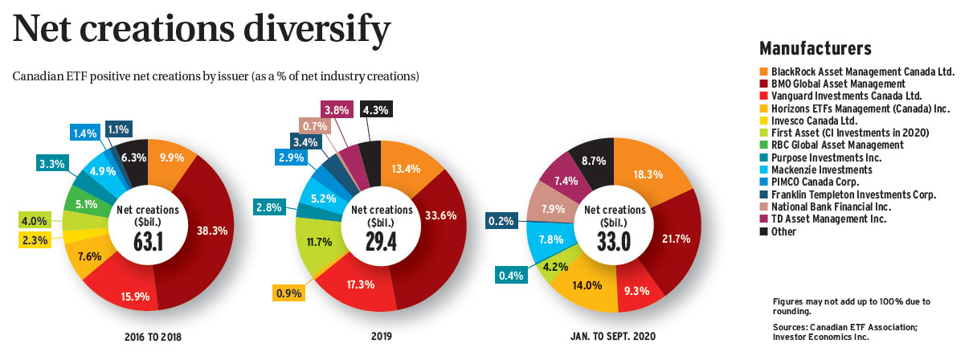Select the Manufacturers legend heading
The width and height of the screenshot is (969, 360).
coord(816,47)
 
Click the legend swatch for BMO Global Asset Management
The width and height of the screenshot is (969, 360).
coord(764,84)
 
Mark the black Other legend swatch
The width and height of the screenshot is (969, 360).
coord(764,231)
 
